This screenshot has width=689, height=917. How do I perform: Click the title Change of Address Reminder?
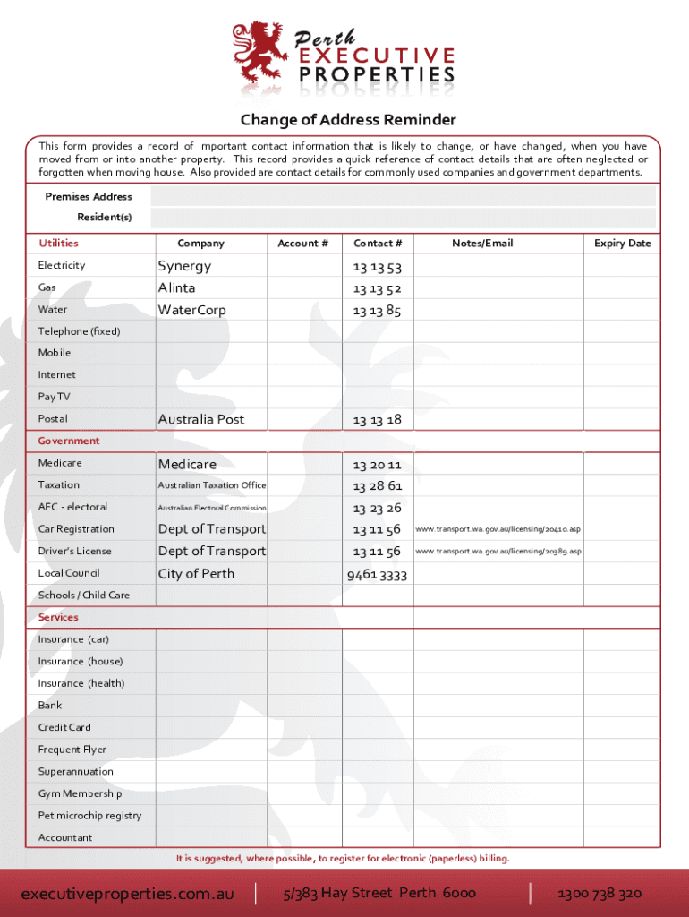[x=347, y=120]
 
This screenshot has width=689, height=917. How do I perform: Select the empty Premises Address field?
[x=403, y=197]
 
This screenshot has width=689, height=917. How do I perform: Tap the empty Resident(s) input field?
[x=403, y=218]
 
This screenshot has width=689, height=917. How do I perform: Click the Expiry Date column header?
[x=623, y=244]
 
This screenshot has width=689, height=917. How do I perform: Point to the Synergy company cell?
[x=185, y=266]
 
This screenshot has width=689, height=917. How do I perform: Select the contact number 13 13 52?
[x=377, y=288]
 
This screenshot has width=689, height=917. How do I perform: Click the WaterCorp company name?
[x=192, y=310]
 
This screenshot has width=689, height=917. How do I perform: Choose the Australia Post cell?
[x=201, y=419]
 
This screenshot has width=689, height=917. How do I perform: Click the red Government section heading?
[x=69, y=441]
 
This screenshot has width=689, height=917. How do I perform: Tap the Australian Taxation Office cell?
[x=212, y=485]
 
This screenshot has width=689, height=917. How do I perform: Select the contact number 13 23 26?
[x=377, y=508]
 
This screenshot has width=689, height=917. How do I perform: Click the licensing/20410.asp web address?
[x=498, y=529]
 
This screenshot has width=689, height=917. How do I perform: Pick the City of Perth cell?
[x=196, y=573]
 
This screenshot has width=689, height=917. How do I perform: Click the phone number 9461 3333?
[x=377, y=575]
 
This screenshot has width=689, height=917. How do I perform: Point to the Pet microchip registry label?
[x=89, y=816]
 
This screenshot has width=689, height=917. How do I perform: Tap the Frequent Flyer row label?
[x=72, y=750]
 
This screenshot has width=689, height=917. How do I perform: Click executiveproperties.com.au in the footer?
[x=127, y=894]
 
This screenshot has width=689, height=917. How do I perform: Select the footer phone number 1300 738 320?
[x=600, y=894]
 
